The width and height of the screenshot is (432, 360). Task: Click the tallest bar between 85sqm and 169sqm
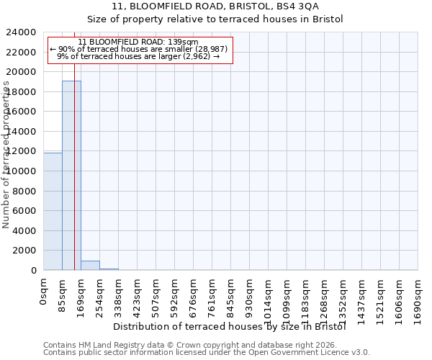coord(71,175)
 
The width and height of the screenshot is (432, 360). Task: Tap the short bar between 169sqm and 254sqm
coord(90,265)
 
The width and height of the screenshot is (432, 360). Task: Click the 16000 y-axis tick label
coord(23,112)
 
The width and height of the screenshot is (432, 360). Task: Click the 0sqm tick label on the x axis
coord(44,292)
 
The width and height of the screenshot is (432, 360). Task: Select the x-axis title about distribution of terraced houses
coord(230,327)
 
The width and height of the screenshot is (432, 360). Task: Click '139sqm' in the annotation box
coord(185,42)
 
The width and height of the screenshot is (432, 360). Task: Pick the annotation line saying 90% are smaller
coord(140,49)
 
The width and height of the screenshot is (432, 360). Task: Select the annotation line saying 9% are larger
coord(140,56)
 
